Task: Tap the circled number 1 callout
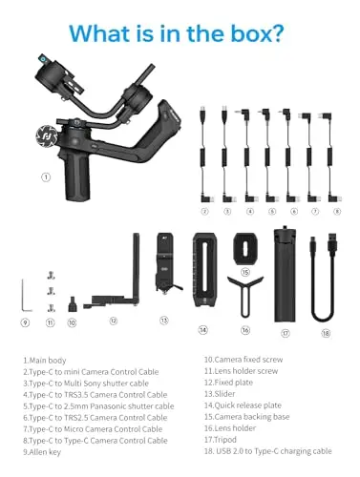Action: pyautogui.click(x=46, y=177)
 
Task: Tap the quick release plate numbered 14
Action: pyautogui.click(x=204, y=270)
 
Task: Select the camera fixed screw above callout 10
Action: pyautogui.click(x=72, y=304)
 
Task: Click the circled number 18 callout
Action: pyautogui.click(x=326, y=333)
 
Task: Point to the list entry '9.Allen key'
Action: pyautogui.click(x=42, y=452)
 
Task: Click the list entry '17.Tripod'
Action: pyautogui.click(x=221, y=440)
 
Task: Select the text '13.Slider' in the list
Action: pyautogui.click(x=220, y=394)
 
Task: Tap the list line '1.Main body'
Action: pyautogui.click(x=45, y=361)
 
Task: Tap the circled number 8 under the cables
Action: pyautogui.click(x=337, y=211)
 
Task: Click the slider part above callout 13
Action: pyautogui.click(x=166, y=263)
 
